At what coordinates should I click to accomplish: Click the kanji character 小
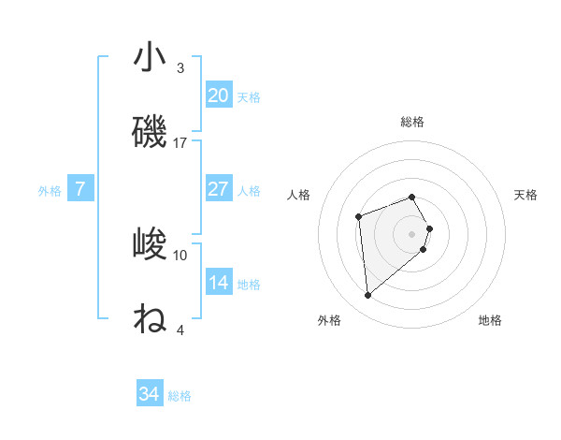point(150,57)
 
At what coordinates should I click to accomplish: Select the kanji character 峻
point(150,244)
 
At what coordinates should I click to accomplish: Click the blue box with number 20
point(218,95)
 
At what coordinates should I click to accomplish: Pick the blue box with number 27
point(218,189)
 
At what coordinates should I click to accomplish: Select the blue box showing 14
point(218,283)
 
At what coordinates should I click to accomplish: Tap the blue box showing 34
point(149,394)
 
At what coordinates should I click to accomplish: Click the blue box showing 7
point(80,189)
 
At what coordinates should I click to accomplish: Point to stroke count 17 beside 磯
point(180,142)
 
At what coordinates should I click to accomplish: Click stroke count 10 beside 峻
point(180,255)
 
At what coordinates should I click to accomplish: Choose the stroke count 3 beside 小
point(180,67)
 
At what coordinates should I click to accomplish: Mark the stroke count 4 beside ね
point(180,330)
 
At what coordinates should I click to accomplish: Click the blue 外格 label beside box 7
point(50,190)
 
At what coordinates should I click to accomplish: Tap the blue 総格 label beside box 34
point(180,395)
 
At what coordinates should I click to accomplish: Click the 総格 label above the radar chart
point(411,122)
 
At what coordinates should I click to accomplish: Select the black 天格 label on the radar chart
point(525,195)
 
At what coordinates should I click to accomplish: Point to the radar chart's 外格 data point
point(368,296)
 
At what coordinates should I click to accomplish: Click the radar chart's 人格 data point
point(359,217)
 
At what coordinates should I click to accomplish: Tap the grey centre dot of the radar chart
point(412,233)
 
